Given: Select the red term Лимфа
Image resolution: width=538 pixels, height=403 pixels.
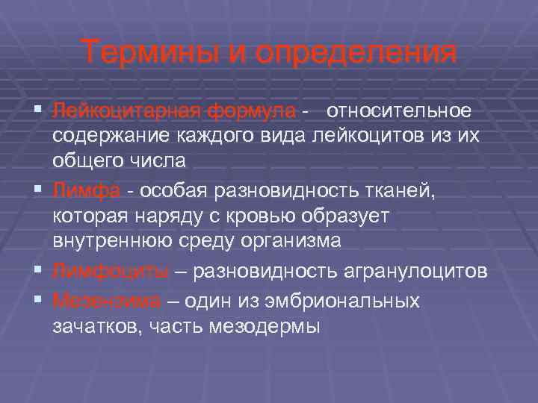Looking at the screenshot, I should point(87,192).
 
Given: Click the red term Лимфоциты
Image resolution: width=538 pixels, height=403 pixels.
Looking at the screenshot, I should point(111,272).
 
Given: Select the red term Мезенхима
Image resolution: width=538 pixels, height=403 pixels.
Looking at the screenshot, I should point(107,302).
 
